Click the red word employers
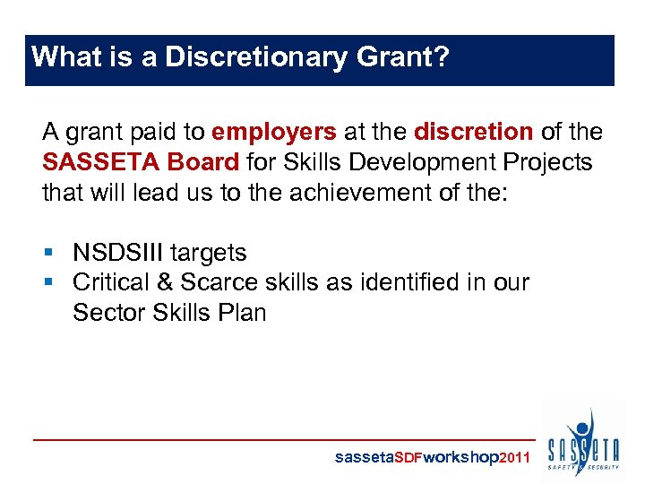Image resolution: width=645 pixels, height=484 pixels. click(274, 133)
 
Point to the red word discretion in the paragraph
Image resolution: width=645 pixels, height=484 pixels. click(474, 133)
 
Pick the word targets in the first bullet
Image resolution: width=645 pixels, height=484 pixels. click(214, 253)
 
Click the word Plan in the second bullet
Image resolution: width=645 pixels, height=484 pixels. click(242, 313)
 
